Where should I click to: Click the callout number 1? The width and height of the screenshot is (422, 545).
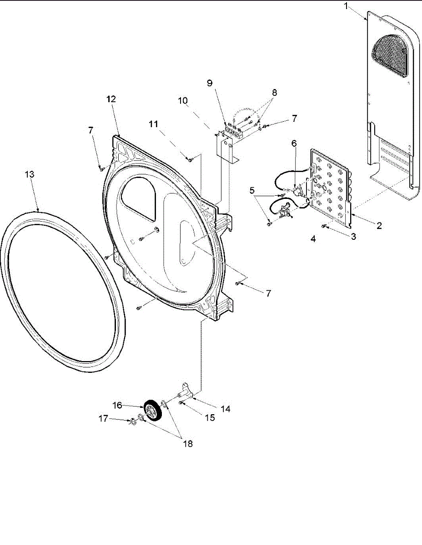pos(346,6)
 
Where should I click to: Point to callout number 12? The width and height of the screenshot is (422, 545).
pos(111,99)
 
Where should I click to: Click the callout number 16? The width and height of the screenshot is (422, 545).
pos(117,405)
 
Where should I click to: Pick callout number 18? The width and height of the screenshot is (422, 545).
pos(187,444)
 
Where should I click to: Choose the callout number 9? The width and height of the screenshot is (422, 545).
pos(209,83)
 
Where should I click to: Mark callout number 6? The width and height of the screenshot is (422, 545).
pos(294,143)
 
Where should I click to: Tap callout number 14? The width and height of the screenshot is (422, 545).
pos(226,409)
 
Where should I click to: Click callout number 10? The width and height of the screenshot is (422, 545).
pos(183,100)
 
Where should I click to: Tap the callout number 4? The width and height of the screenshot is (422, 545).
pos(313,238)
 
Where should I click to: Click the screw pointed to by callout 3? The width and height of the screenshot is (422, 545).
pos(324,226)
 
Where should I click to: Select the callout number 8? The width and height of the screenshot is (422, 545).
pos(274,92)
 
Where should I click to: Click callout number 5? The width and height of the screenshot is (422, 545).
pos(252,190)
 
